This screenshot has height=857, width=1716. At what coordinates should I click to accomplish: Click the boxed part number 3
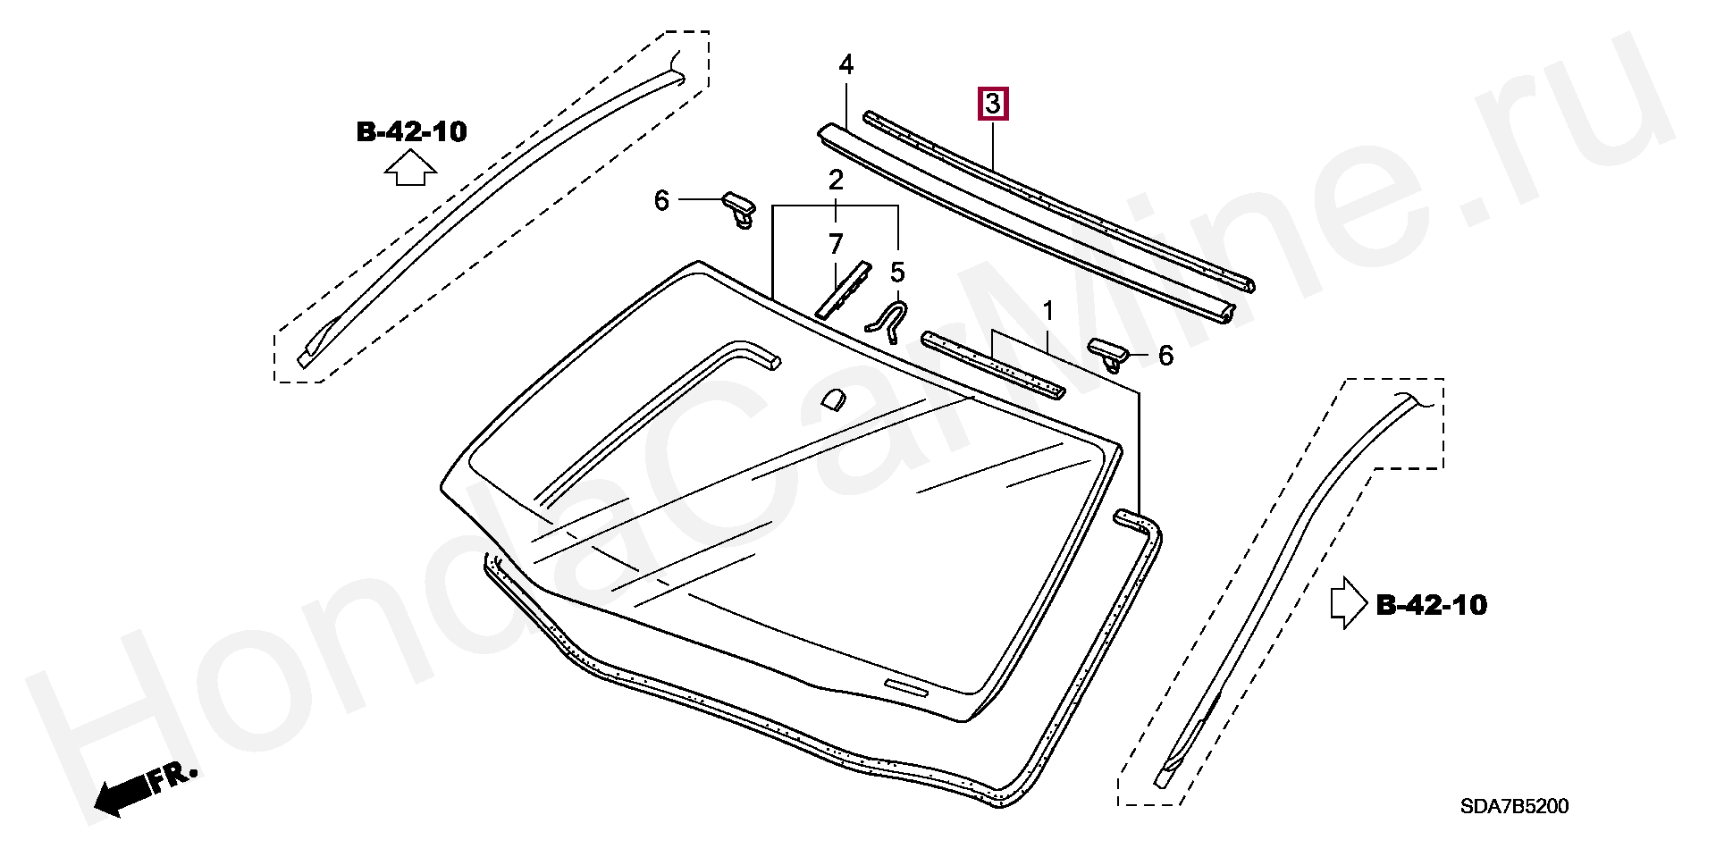pos(993,104)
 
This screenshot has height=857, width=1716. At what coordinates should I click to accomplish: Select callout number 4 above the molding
pos(845,64)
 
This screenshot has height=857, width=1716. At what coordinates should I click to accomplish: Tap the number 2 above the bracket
pos(836,181)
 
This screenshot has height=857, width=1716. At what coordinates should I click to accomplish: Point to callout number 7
pos(836,244)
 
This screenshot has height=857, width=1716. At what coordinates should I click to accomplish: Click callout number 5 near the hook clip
pos(897,273)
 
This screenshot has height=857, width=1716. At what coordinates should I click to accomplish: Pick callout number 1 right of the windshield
pos(1048,311)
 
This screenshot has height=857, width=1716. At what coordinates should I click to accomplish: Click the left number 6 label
pos(661,200)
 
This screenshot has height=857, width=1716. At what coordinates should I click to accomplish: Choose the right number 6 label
pos(1165,356)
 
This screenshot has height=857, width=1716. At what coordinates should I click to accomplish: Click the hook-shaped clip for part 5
pos(890,320)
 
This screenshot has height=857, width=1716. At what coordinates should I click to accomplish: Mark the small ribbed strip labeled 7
pos(844,290)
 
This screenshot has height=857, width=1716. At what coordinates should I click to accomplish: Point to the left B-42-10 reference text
pos(411,132)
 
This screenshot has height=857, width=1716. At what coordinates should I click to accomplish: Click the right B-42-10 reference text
pos(1431,605)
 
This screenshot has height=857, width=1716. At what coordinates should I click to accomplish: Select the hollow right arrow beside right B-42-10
pos(1348,603)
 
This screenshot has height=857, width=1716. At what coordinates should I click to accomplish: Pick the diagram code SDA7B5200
pos(1514,806)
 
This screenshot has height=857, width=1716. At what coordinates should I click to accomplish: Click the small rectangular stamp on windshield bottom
pos(906,687)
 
